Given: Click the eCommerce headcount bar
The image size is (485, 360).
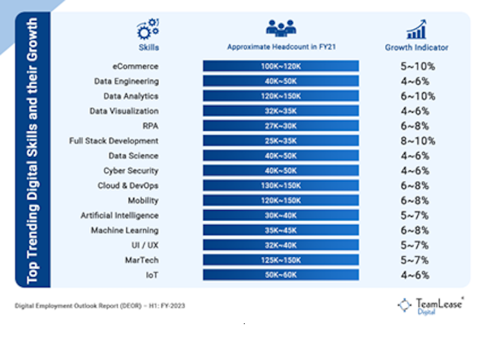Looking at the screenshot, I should click(280, 66).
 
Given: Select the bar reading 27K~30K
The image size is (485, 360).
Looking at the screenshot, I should click(280, 126).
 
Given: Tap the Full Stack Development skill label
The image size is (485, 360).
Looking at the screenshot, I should click(114, 141).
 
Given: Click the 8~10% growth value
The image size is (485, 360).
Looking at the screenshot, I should click(418, 141).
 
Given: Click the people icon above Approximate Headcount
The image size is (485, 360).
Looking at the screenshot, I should click(281, 28).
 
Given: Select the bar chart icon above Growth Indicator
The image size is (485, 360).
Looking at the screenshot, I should click(416, 29).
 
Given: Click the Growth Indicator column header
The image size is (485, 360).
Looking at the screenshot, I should click(416, 47).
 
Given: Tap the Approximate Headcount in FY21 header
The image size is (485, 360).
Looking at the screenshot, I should click(281, 47).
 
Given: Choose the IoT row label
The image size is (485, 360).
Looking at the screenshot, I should click(152, 275).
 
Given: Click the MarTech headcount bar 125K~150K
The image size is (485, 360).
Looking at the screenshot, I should click(280, 260).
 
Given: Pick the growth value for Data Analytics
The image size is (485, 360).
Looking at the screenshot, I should click(418, 96).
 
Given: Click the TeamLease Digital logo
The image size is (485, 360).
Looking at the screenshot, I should click(430, 305).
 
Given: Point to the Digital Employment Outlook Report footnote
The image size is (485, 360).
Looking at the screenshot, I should click(100, 306).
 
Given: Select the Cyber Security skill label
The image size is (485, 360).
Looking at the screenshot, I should click(131, 171).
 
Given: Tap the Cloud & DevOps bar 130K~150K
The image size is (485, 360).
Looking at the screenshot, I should click(280, 186).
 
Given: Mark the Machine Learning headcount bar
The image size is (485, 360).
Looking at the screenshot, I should click(280, 230).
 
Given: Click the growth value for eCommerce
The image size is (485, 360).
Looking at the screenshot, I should click(418, 66).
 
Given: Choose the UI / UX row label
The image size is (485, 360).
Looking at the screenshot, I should click(142, 245).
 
